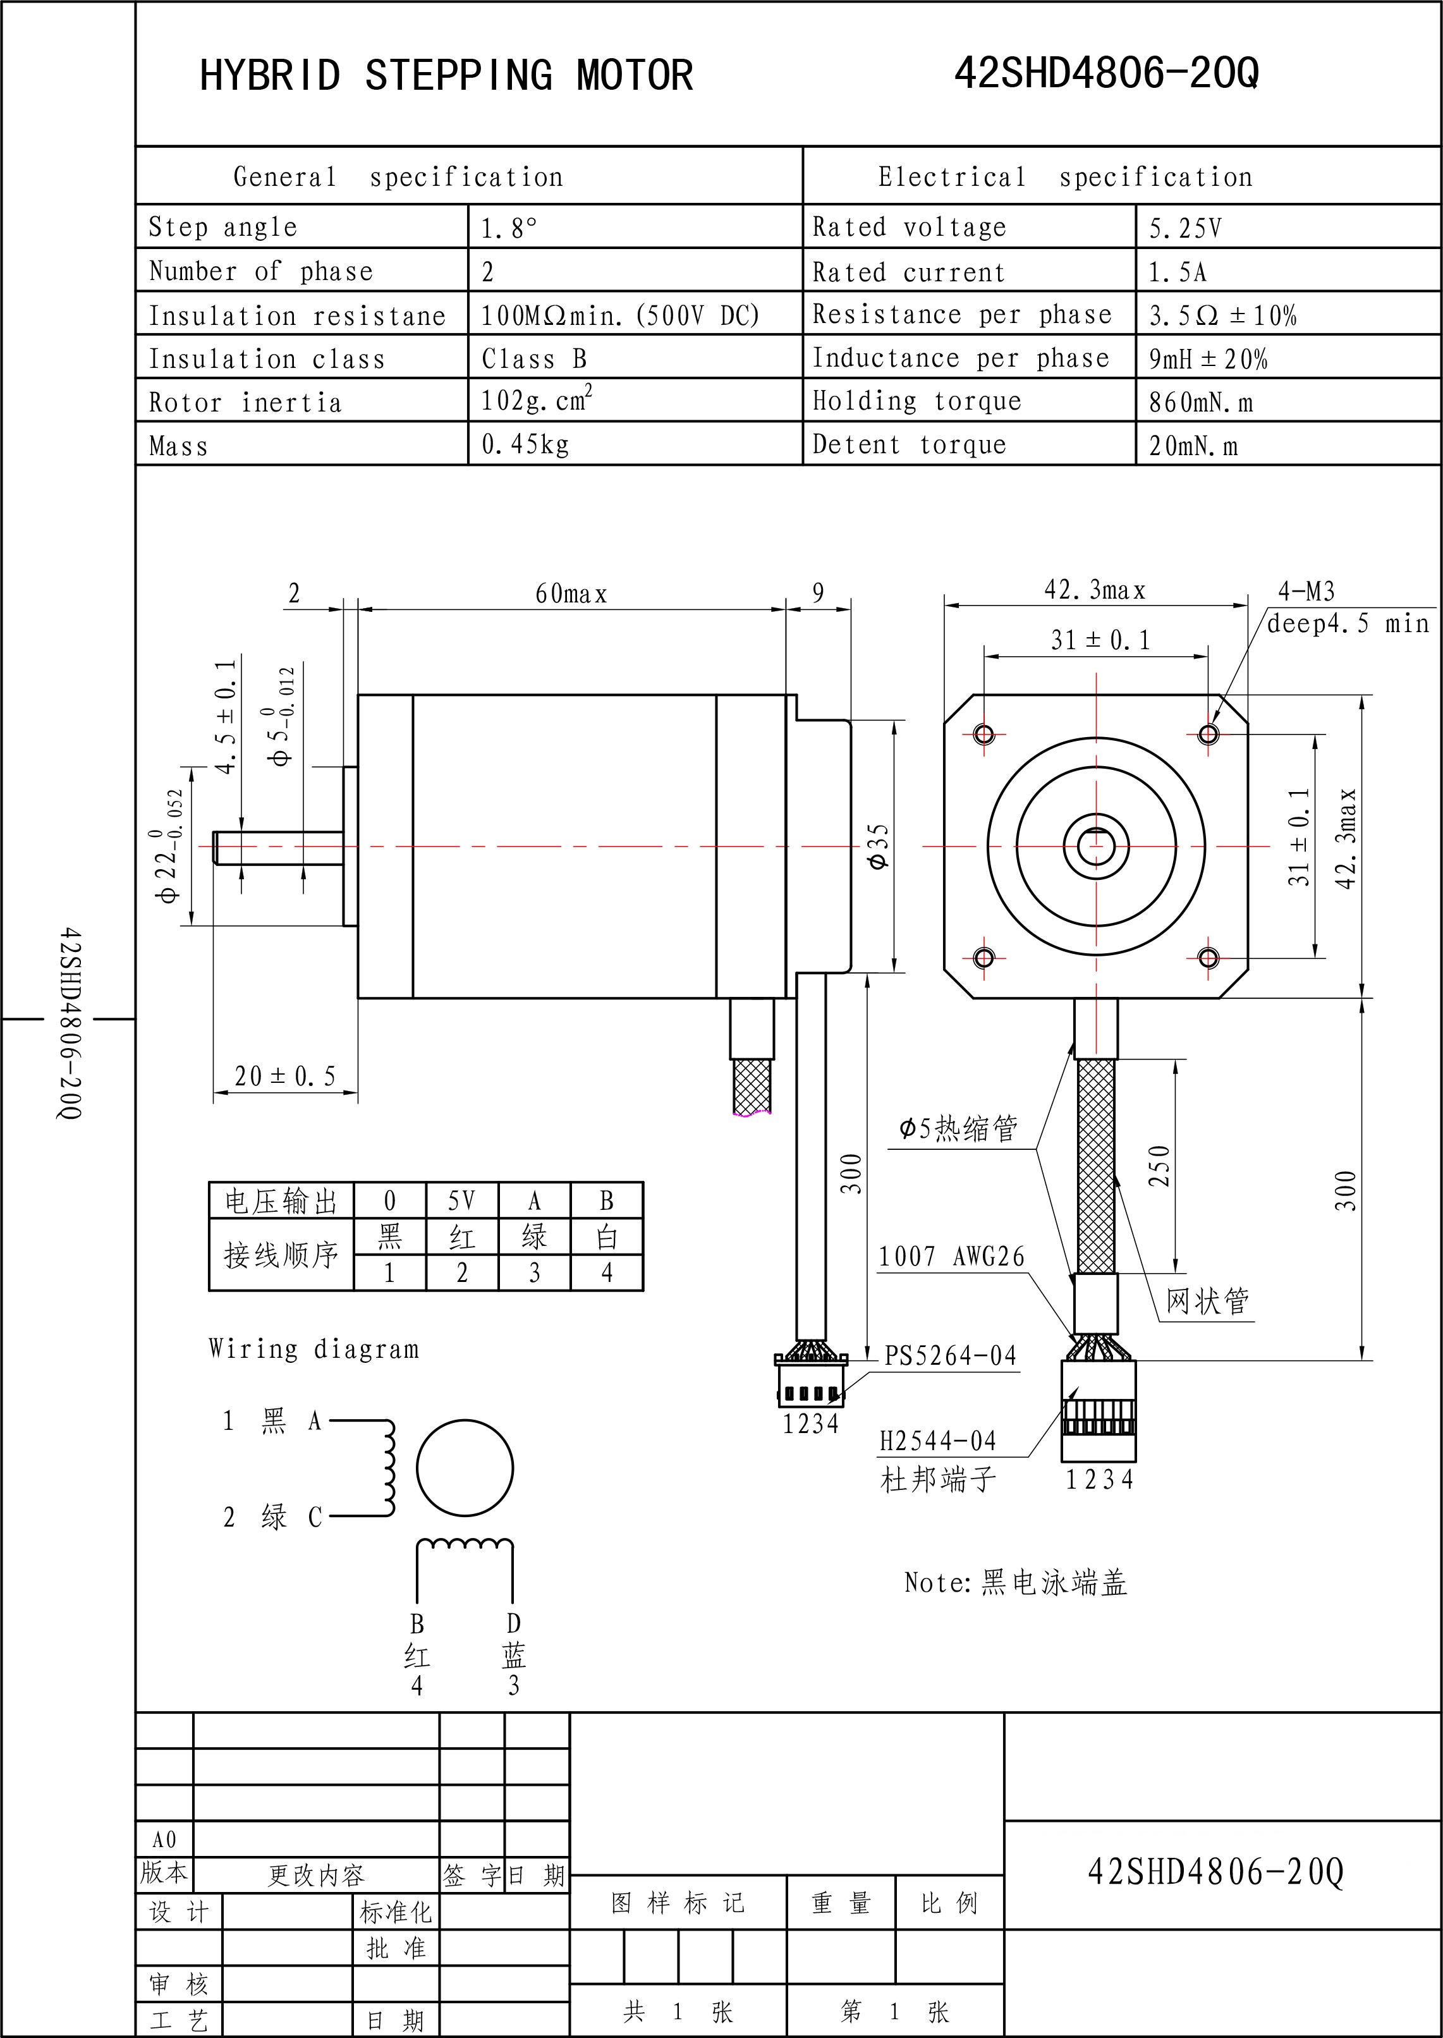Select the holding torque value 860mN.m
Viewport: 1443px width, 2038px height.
[x=1200, y=403]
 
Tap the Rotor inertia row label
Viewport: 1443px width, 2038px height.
[x=245, y=403]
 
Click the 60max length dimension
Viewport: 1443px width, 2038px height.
[x=571, y=594]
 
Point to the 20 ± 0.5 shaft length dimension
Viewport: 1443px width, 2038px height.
[x=285, y=1077]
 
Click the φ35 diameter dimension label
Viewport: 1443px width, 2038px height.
[x=878, y=846]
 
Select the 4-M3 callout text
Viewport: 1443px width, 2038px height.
[x=1306, y=591]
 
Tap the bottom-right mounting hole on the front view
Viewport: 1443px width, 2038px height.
[x=1209, y=958]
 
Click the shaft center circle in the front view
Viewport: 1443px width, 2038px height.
[x=1097, y=846]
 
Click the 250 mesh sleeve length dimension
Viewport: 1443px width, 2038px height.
[x=1160, y=1166]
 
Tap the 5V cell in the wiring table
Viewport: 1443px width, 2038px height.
[x=462, y=1201]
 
